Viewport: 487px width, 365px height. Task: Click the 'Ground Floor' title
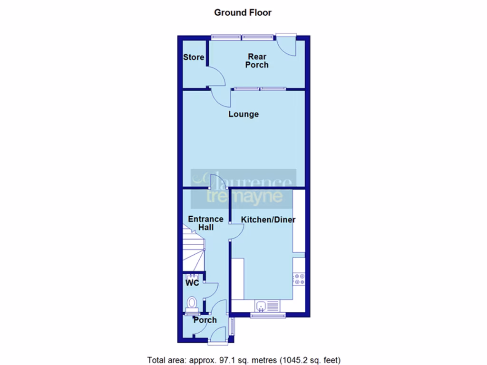(x=243, y=12)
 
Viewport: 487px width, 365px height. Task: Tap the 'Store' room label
(x=194, y=58)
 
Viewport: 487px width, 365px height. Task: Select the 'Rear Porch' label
(x=257, y=61)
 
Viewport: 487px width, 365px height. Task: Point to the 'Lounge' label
(x=243, y=114)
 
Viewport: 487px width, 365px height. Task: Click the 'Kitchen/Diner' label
(x=268, y=220)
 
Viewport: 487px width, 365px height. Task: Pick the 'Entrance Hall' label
(x=206, y=223)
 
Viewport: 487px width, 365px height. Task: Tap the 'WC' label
(x=192, y=283)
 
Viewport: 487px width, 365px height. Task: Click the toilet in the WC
(x=192, y=303)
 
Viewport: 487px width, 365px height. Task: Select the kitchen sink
(x=261, y=306)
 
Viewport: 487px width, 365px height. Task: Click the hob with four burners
(x=300, y=279)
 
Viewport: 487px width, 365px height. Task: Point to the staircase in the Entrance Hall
(x=194, y=247)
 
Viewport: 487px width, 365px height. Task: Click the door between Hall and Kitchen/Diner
(x=236, y=231)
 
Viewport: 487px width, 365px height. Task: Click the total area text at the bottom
(x=243, y=360)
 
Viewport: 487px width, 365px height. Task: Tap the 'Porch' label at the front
(x=205, y=320)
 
